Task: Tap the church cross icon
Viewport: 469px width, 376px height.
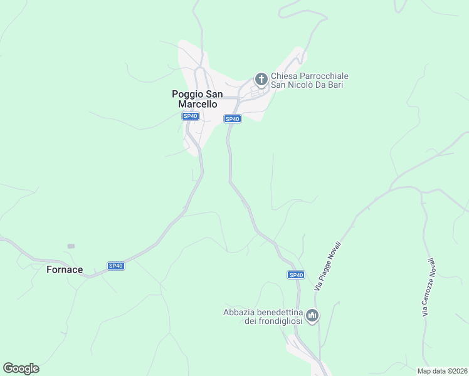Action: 261,80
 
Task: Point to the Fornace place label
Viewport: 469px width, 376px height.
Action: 65,269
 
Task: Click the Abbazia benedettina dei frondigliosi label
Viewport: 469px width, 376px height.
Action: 263,316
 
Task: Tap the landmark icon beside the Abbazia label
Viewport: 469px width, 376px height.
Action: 312,315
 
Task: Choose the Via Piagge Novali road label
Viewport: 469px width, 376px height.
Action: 328,265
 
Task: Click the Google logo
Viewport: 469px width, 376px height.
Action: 21,368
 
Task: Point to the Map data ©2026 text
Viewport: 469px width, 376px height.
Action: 442,371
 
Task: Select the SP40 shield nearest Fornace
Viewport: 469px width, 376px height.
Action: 115,266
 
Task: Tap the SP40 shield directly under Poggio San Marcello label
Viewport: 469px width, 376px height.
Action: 191,116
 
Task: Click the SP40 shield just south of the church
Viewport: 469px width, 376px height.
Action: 232,119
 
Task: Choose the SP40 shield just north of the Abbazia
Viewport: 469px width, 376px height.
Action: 296,275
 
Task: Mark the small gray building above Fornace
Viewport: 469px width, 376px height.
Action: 71,246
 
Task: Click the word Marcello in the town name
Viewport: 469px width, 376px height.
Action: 197,105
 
